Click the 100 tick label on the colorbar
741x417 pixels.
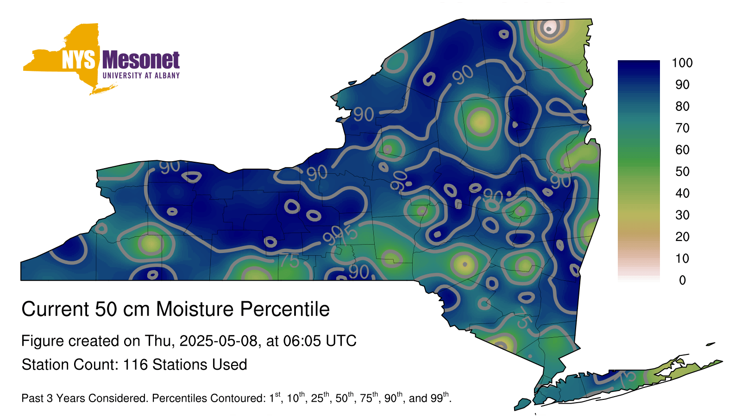tap(682, 63)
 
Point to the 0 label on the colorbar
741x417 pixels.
tap(683, 280)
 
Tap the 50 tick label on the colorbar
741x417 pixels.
tap(683, 171)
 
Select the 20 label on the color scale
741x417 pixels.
tap(683, 237)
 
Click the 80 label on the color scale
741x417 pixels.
tap(683, 106)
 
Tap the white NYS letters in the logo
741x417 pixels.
tap(78, 60)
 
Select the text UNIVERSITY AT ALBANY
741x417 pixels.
tap(141, 76)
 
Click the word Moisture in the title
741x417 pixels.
tap(195, 309)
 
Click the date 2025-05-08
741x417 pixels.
tap(218, 341)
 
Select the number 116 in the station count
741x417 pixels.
tap(135, 365)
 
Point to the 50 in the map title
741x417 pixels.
tap(106, 309)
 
